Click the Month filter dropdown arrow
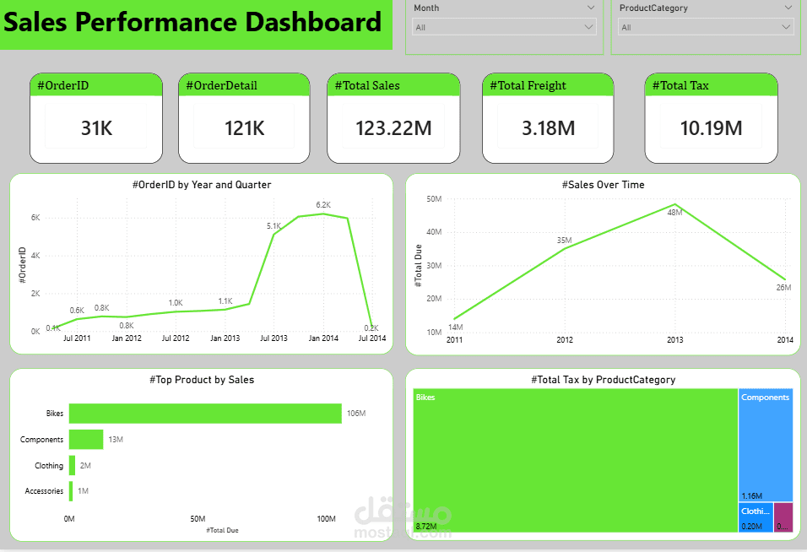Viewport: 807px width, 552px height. tap(589, 27)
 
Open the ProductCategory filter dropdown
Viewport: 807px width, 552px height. tap(787, 27)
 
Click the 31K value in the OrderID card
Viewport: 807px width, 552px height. tap(96, 128)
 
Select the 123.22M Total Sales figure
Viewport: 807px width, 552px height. tap(393, 128)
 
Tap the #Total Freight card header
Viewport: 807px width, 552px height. tap(528, 85)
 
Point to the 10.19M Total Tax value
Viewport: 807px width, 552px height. tap(711, 128)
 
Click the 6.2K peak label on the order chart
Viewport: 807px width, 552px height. tap(323, 205)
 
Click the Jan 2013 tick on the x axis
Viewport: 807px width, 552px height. tap(225, 338)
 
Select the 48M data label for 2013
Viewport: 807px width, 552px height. tap(674, 213)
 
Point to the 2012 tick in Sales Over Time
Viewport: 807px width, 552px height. tap(565, 339)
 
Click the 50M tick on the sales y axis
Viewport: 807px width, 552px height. tap(435, 199)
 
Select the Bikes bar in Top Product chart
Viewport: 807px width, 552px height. tap(205, 414)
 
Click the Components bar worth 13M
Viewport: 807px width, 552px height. tap(86, 440)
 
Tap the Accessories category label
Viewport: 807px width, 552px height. tap(44, 491)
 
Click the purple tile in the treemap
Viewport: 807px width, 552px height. tap(783, 517)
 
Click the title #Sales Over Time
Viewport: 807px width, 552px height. tap(603, 185)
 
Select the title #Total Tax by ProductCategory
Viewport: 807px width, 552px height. tap(603, 380)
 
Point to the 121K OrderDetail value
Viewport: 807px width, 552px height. tap(245, 128)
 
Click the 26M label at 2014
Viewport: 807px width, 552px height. tap(783, 288)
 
